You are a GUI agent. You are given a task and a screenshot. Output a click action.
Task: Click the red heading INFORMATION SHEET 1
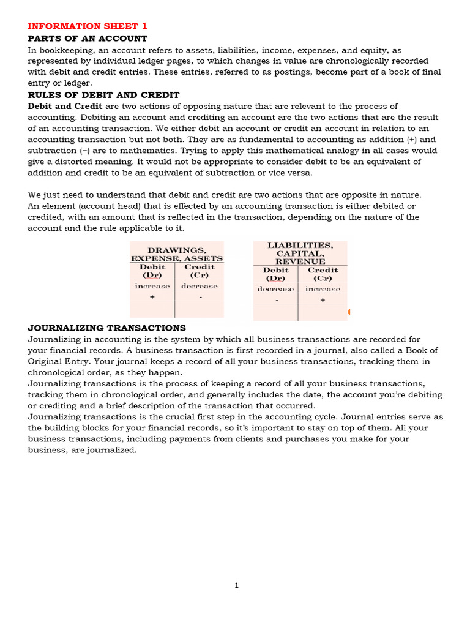coord(88,26)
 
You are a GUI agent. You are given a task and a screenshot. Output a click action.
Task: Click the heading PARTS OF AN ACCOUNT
coord(88,38)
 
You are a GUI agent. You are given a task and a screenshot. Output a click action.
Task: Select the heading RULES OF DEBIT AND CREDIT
coord(103,95)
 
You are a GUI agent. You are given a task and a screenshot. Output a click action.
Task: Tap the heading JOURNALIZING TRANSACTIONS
coord(106,328)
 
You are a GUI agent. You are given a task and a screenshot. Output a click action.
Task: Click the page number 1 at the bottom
coord(236,585)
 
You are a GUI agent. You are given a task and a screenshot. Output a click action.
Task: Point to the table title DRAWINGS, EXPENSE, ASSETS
coord(177,254)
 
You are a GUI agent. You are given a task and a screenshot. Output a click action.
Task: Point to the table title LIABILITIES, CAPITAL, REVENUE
coord(300,253)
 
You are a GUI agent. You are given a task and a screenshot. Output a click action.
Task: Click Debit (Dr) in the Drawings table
coord(152,271)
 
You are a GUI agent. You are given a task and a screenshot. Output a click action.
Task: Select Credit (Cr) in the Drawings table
coord(199,271)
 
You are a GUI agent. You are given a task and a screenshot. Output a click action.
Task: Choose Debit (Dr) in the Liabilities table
coord(275,274)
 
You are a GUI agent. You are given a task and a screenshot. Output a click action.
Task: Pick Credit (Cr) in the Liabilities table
coord(323,274)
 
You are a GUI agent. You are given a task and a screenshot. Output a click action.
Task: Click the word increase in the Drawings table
coord(152,286)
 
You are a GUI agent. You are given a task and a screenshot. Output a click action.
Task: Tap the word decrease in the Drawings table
coord(199,286)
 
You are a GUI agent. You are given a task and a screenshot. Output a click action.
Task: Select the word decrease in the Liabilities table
coord(275,289)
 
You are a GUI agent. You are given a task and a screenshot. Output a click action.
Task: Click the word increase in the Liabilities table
coord(323,289)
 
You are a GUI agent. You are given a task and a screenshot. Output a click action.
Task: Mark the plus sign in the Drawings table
coord(152,297)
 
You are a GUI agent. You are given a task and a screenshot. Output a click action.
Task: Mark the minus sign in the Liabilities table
coord(277,301)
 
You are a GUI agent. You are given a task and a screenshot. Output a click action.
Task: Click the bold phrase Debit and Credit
coord(65,107)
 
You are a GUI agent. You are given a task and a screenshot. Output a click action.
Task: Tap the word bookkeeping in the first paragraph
coord(64,50)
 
